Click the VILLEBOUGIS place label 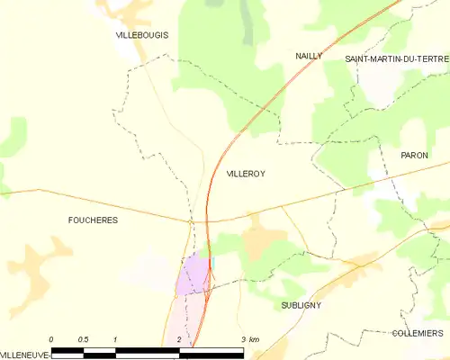click(x=142, y=35)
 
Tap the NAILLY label click(x=309, y=56)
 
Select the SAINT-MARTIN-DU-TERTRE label click(x=397, y=58)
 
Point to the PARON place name click(x=414, y=156)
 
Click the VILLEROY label click(x=246, y=173)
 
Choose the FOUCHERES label click(x=93, y=220)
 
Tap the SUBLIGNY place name click(x=301, y=305)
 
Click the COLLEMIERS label click(x=418, y=332)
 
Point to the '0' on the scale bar click(x=51, y=338)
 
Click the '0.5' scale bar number click(x=83, y=338)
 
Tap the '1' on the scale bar click(x=115, y=338)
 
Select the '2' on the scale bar click(x=179, y=338)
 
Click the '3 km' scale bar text click(x=250, y=338)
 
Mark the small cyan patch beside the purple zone click(x=212, y=262)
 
